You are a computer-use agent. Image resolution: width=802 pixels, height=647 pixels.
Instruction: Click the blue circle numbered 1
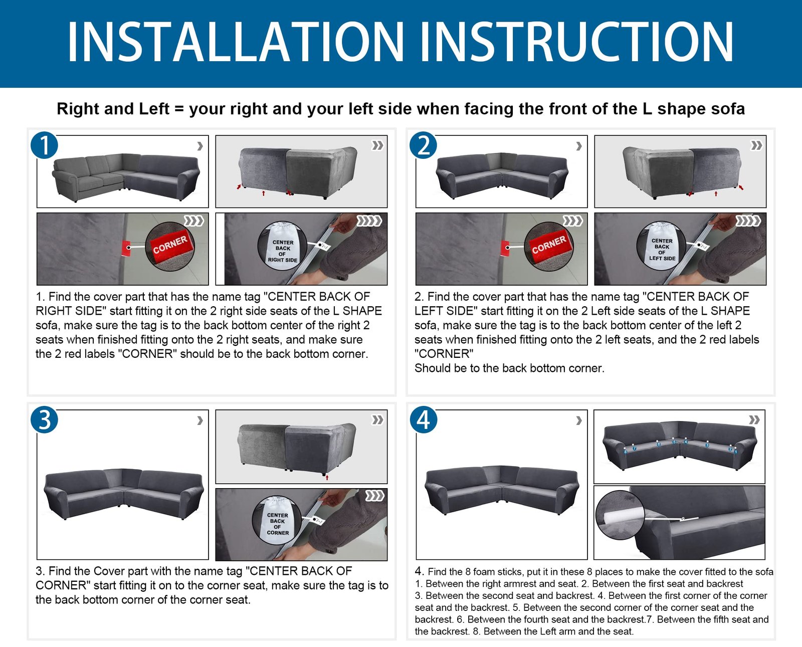[x=44, y=145]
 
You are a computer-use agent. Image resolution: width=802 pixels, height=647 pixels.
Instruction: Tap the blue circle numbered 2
[x=423, y=145]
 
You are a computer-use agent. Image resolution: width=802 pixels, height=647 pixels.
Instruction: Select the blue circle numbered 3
[x=44, y=419]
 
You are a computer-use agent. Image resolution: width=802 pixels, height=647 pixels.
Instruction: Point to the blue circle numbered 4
[x=423, y=419]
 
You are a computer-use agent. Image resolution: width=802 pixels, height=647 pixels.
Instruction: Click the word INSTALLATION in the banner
[x=236, y=42]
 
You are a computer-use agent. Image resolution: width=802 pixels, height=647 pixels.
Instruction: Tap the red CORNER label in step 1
[x=170, y=245]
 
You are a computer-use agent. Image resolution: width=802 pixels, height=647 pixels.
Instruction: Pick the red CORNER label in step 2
[x=549, y=245]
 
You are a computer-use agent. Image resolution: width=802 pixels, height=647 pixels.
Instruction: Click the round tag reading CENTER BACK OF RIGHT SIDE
[x=282, y=246]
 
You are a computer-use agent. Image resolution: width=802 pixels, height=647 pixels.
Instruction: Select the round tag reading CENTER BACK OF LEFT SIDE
[x=662, y=246]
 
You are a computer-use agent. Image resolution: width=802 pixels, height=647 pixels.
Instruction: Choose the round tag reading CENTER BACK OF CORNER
[x=277, y=521]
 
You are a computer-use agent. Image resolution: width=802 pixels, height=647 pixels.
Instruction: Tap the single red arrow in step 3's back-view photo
[x=327, y=478]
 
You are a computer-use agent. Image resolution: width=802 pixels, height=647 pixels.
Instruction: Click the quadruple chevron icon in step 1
[x=369, y=221]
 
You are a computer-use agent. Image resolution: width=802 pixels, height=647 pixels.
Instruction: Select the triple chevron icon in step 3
[x=374, y=496]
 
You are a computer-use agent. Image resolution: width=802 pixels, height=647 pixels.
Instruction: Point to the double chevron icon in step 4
[x=754, y=419]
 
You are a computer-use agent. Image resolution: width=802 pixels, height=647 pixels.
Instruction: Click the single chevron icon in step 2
[x=579, y=146]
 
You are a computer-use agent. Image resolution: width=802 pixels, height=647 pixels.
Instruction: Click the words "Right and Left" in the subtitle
[x=113, y=109]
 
